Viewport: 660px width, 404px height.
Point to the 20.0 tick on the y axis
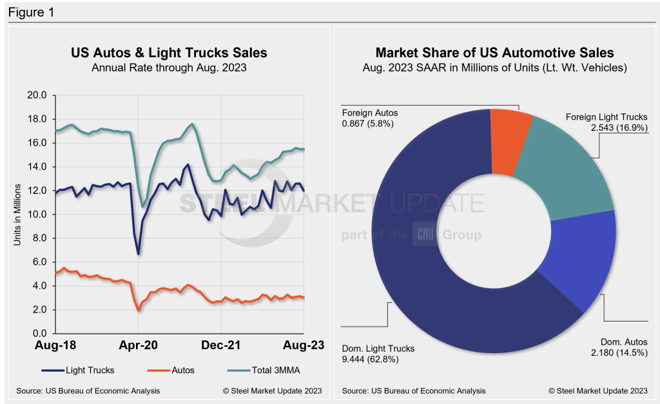[37, 95]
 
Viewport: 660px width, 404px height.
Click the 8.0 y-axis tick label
[40, 238]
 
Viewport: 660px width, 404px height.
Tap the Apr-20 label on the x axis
[139, 345]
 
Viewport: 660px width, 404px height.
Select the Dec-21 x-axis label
[220, 345]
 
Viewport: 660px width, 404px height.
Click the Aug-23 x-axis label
[303, 345]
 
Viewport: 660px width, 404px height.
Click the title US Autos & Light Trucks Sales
[168, 52]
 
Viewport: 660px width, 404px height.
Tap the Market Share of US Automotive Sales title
[494, 52]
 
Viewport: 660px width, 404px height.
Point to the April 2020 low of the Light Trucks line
[138, 254]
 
